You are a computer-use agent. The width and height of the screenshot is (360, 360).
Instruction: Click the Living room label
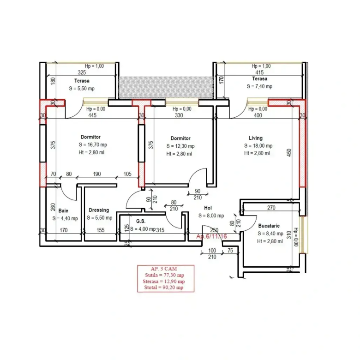coord(256,138)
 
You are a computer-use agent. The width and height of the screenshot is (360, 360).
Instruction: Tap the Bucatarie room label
coord(269,226)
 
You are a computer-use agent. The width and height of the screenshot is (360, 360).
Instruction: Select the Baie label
coord(63,210)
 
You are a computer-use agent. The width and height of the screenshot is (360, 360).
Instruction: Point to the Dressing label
coord(99,210)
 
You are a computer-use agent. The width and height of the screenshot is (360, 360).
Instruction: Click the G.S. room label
coord(141,221)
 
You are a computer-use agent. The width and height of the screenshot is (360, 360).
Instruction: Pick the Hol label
coord(208,208)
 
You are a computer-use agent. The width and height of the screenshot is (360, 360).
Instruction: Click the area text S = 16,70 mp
coord(93,144)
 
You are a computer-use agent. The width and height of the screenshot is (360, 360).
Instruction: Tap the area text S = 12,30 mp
coord(180,146)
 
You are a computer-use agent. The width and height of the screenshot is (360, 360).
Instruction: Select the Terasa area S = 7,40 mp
coord(260,86)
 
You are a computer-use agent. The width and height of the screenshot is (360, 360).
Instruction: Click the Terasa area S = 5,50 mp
coord(82,89)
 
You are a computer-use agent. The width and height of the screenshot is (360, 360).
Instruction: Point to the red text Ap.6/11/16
coord(212,236)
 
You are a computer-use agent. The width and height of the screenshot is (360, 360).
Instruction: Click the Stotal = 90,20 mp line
coord(164,288)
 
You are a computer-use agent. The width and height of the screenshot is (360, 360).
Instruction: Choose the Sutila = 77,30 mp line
coord(164,275)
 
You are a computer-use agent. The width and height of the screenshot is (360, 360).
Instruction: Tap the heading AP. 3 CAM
coord(164,269)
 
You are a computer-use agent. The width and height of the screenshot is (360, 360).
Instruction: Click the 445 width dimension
coord(92,115)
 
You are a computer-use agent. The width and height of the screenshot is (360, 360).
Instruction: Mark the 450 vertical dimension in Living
coord(289,153)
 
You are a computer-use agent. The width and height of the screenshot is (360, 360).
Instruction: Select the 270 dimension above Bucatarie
coord(271,208)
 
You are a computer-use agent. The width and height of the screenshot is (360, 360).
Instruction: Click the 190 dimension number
coord(97,174)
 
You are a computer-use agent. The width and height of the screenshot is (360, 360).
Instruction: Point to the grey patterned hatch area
coord(166,88)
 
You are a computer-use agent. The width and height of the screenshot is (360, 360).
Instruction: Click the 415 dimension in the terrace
coord(259,72)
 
